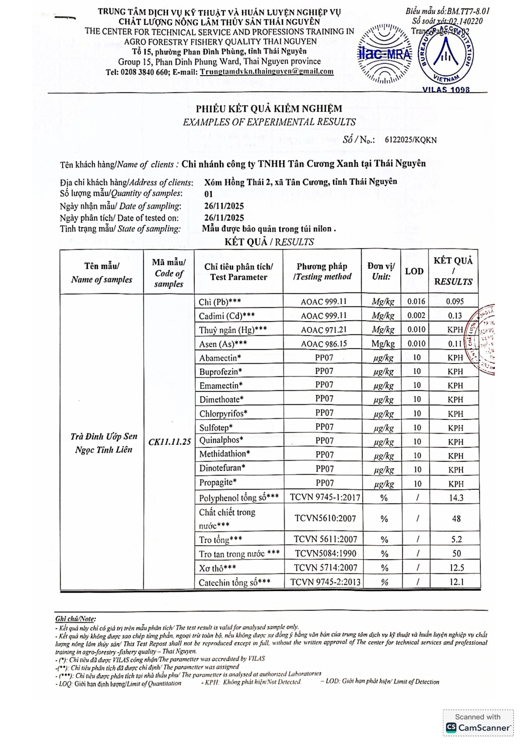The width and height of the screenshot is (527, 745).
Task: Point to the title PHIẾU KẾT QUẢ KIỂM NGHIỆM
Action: [x=269, y=109]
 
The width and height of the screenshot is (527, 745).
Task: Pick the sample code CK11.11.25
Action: [x=170, y=442]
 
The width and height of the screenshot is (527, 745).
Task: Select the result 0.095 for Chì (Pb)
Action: [x=455, y=301]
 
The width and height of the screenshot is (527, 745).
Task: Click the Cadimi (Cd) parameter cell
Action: [x=227, y=316]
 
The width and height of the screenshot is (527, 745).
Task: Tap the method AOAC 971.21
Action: [x=323, y=330]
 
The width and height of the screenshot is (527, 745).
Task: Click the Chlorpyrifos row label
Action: [x=223, y=414]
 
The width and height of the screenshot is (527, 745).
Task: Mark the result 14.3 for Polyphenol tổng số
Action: [x=456, y=498]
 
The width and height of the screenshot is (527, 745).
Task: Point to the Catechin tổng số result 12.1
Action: [x=456, y=582]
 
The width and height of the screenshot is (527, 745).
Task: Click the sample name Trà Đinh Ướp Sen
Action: [x=104, y=437]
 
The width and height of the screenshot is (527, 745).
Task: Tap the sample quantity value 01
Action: [x=208, y=194]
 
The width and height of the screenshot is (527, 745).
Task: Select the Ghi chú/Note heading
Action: [x=75, y=618]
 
